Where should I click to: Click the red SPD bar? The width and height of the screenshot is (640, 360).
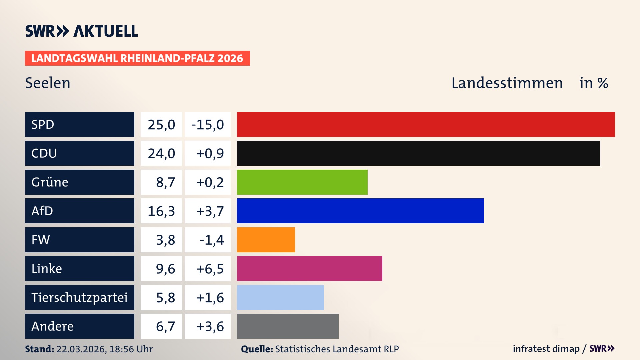[x=426, y=124]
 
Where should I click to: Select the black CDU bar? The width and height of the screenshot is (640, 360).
[x=418, y=153]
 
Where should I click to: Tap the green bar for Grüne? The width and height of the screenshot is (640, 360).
[x=302, y=182]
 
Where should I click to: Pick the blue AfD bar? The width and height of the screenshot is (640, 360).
[x=360, y=211]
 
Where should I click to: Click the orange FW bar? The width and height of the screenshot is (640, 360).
[x=266, y=240]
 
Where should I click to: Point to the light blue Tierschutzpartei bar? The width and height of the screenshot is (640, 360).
[x=280, y=297]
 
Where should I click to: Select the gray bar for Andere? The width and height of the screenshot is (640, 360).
[x=287, y=326]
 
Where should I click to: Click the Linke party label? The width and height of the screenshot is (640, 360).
[x=47, y=269]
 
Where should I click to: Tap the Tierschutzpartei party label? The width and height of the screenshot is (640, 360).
[x=79, y=297]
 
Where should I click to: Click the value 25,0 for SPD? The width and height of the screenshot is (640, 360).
[x=161, y=125]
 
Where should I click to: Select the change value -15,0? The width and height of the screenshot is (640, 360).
[x=208, y=125]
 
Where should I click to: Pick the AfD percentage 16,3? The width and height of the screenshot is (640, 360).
[x=161, y=211]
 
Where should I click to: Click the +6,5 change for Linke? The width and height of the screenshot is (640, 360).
[x=210, y=269]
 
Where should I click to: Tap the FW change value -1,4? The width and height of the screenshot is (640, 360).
[x=212, y=240]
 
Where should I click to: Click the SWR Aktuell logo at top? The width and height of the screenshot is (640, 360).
[x=81, y=31]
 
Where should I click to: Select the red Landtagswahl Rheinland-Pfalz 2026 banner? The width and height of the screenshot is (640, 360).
[x=137, y=58]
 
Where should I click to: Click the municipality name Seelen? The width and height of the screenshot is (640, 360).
[x=48, y=83]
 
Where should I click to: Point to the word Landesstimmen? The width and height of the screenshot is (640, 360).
[x=507, y=83]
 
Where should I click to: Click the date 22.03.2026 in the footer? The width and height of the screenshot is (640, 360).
[x=81, y=349]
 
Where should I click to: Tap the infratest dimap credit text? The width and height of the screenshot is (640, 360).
[x=546, y=349]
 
